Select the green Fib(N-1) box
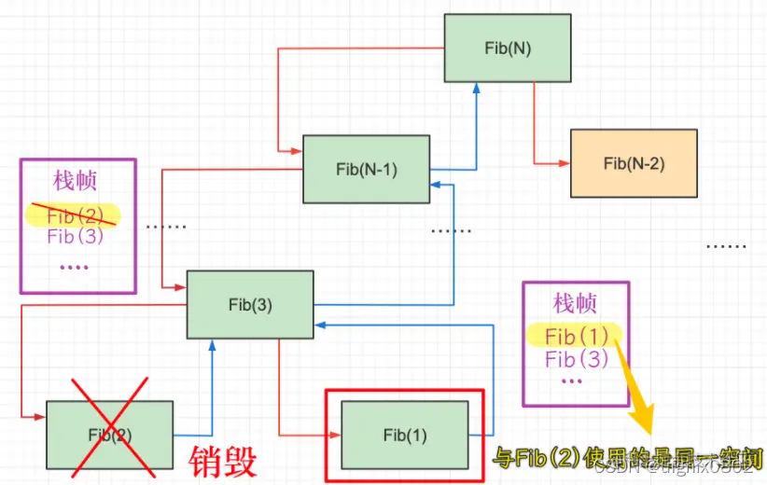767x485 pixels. pyautogui.click(x=366, y=169)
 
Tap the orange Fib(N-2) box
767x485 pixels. pyautogui.click(x=634, y=163)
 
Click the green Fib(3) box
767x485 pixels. pyautogui.click(x=249, y=304)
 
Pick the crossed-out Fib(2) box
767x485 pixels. pyautogui.click(x=109, y=435)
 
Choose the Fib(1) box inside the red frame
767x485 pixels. pyautogui.click(x=404, y=435)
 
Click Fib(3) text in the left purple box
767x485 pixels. pyautogui.click(x=75, y=236)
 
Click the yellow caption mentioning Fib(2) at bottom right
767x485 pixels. pyautogui.click(x=627, y=458)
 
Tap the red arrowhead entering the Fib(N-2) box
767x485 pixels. pyautogui.click(x=565, y=163)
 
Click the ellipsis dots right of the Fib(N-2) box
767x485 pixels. pyautogui.click(x=725, y=246)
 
